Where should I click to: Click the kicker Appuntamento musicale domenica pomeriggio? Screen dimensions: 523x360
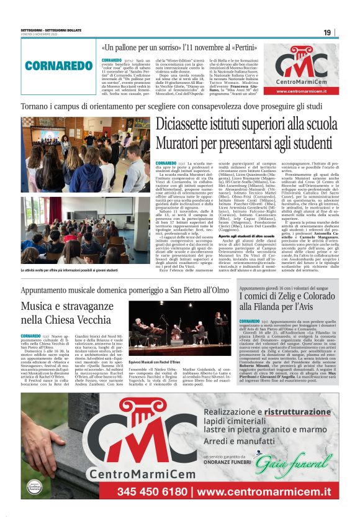click(x=124, y=289)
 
